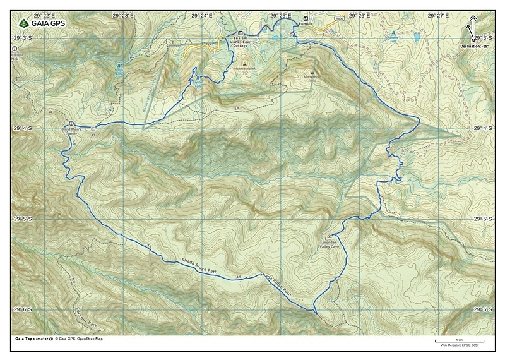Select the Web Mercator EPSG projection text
tap(459, 346)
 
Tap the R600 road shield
tap(339, 20)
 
